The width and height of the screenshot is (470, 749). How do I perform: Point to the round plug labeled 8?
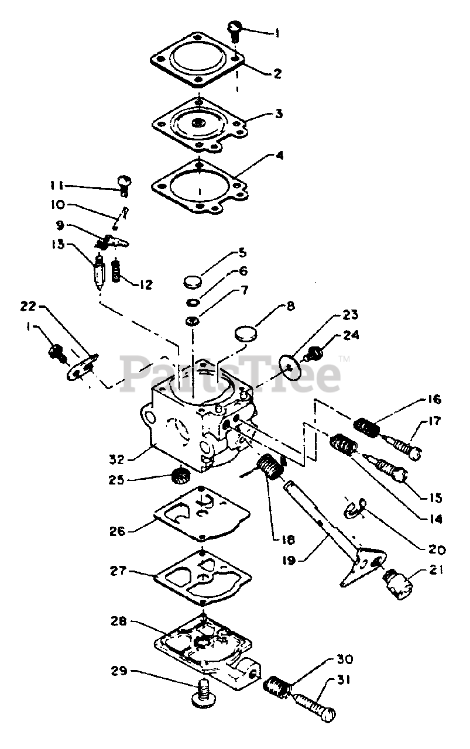pyautogui.click(x=246, y=335)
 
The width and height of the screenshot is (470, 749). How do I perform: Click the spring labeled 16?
pyautogui.click(x=365, y=427)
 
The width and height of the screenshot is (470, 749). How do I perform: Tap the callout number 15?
pyautogui.click(x=434, y=499)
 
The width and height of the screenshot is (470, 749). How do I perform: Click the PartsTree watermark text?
pyautogui.click(x=231, y=373)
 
